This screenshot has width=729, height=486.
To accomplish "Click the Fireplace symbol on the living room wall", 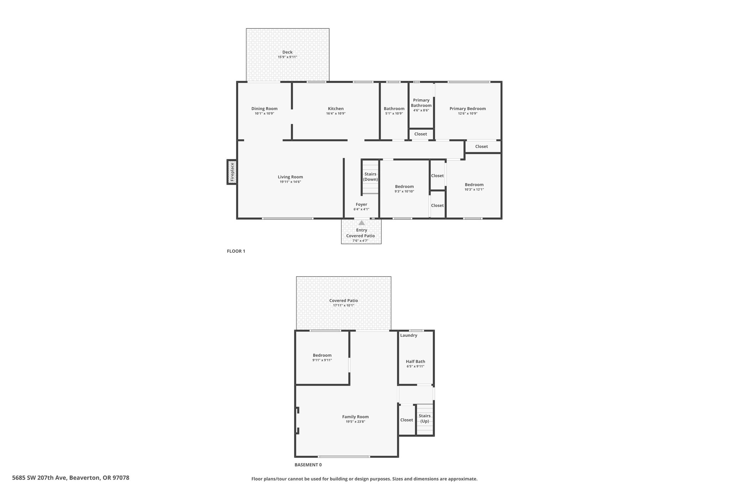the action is coord(232,172).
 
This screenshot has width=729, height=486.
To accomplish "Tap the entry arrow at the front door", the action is coord(362,223).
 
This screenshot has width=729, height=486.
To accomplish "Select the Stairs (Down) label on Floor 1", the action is coord(370,177).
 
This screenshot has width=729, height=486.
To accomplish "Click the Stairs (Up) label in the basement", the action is coord(425,418).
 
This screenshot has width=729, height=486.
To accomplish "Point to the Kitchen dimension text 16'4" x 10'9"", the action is coord(336,114).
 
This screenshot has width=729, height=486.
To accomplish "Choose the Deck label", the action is coord(287,52).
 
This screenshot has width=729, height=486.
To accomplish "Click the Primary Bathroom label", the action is coord(421,103).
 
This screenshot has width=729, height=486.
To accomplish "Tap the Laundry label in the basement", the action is coord(409,335).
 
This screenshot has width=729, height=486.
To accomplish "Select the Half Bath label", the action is coord(415,361).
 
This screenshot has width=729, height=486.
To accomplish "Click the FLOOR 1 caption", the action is coord(236,251).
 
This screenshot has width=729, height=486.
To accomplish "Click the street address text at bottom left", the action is coord(71,478).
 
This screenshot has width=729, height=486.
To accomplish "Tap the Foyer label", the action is coord(361,204).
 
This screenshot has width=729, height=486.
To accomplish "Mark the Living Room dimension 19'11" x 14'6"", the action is coord(290,182).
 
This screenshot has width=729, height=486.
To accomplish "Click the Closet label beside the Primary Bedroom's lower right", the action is coord(481,146).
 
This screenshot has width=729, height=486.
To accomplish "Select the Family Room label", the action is coord(355,417).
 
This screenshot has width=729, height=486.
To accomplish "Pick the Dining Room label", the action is coord(264,109).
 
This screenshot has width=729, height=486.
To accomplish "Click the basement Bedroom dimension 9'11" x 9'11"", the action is coord(322,360).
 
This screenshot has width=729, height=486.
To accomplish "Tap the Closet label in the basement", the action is coord(407,420).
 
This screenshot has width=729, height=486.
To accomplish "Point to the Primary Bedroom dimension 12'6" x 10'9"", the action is coord(467,114).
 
